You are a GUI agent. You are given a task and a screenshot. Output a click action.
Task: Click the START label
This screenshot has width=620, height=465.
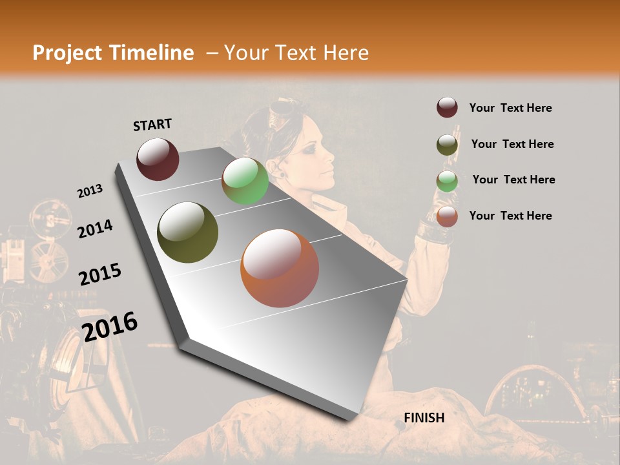[152, 124]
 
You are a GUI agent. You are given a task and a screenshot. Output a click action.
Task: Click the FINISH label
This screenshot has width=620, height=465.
[424, 418]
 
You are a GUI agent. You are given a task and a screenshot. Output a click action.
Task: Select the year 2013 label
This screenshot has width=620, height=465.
[90, 191]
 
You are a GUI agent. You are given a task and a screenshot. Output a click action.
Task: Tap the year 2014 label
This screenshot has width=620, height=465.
[95, 229]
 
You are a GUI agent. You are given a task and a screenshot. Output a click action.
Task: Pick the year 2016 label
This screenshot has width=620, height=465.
[110, 326]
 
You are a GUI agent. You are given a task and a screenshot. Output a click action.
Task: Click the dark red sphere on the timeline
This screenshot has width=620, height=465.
[158, 159]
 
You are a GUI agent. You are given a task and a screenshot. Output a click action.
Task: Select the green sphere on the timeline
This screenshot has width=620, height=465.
[245, 181]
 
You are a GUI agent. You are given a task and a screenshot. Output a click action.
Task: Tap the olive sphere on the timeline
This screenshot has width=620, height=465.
[188, 232]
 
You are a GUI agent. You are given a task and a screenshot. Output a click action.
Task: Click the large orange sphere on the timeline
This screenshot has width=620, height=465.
[280, 268]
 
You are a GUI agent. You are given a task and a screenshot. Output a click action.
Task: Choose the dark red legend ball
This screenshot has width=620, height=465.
[447, 108]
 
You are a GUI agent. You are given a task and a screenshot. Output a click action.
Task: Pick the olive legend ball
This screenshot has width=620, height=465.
[447, 145]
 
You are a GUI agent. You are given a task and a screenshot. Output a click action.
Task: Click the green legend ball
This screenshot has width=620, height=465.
[447, 181]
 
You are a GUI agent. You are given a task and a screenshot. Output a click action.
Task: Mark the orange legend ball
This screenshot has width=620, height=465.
[447, 216]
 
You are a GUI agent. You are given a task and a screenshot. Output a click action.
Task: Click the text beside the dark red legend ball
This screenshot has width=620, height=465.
[510, 108]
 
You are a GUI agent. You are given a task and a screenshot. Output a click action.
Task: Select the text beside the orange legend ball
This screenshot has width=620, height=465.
[510, 216]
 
